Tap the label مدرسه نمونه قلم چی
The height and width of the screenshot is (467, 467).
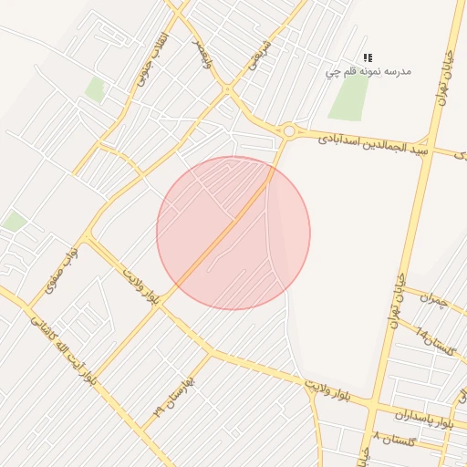coord(368,71)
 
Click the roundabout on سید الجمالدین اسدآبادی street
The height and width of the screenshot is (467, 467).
coord(289,131)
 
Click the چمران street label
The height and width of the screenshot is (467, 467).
coord(437,300)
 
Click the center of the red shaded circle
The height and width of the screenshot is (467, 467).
coord(233,233)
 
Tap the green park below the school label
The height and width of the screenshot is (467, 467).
coord(348,99)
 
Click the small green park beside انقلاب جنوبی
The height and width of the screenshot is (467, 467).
coord(95,88)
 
